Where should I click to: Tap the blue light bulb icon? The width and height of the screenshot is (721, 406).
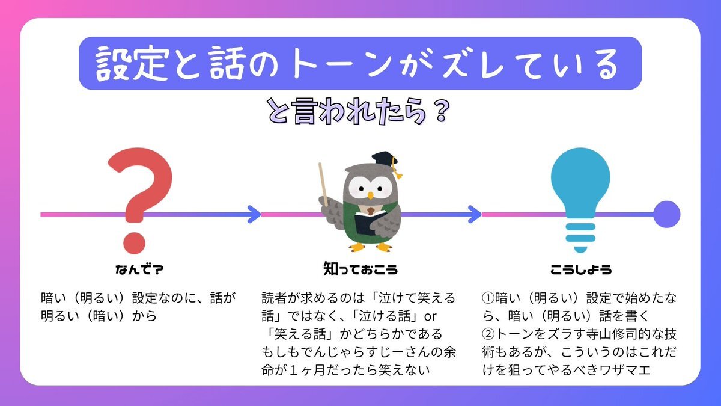[x=580, y=193]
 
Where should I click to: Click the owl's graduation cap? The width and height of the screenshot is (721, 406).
[x=385, y=161]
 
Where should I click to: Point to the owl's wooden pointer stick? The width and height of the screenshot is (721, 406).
[x=323, y=184]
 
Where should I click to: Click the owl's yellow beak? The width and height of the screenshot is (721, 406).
[x=371, y=195]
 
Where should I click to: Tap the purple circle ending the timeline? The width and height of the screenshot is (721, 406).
[x=666, y=214]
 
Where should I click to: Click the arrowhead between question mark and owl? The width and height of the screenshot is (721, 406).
[x=254, y=214]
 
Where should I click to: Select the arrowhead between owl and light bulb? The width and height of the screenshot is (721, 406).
[x=475, y=214]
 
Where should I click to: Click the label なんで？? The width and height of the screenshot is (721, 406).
[x=139, y=269]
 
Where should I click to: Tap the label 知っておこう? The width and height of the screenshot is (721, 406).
[x=360, y=269]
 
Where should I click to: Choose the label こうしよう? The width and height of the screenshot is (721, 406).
[x=581, y=269]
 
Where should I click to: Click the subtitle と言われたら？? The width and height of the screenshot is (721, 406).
[x=358, y=111]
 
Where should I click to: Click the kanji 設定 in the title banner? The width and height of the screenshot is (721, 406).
[x=133, y=64]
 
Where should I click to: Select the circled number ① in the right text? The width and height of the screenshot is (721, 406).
[x=488, y=298]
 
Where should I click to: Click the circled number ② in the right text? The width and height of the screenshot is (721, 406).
[x=488, y=334]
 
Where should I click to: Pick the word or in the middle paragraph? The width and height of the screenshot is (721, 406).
[x=430, y=317]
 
